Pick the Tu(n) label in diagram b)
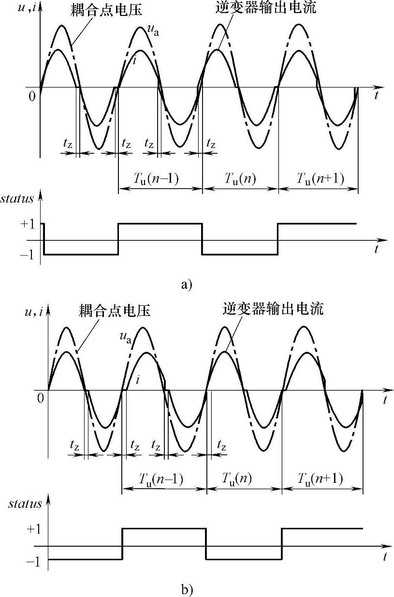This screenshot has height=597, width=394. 243,479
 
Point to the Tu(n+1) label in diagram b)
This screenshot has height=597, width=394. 320,479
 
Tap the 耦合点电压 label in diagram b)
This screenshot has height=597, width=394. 114,310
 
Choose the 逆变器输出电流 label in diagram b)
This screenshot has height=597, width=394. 273,308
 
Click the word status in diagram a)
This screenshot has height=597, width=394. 17,199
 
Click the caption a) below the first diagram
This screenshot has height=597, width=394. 187,284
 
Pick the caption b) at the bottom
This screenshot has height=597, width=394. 187,590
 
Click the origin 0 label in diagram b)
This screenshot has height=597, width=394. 40,398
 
